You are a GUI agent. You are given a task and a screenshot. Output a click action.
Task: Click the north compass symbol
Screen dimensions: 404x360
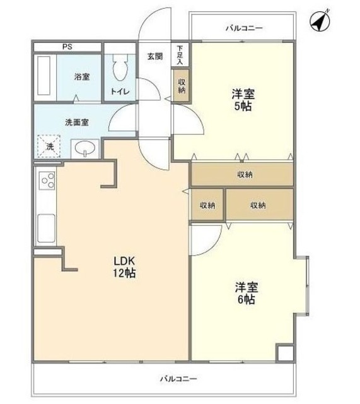click(x=321, y=21)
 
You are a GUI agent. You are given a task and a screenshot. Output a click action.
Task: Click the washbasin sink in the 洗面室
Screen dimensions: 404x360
click(x=84, y=148)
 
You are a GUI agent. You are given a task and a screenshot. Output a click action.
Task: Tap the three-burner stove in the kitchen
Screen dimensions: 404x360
click(x=47, y=182)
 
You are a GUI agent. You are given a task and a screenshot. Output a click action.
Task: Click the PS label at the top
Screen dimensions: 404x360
click(x=67, y=47)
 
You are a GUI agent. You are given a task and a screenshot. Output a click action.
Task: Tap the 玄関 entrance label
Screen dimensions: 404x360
click(x=155, y=56)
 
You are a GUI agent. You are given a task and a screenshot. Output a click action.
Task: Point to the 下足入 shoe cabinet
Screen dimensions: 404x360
click(x=180, y=55)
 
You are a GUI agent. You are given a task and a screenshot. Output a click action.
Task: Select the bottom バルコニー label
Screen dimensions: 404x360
click(x=178, y=379)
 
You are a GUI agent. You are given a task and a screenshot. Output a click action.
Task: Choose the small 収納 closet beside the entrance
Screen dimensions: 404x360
click(x=182, y=85)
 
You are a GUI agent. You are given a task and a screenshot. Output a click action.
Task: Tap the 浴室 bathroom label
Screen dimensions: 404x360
click(x=82, y=77)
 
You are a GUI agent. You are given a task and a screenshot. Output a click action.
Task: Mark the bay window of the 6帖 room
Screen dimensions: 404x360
click(x=303, y=285)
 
